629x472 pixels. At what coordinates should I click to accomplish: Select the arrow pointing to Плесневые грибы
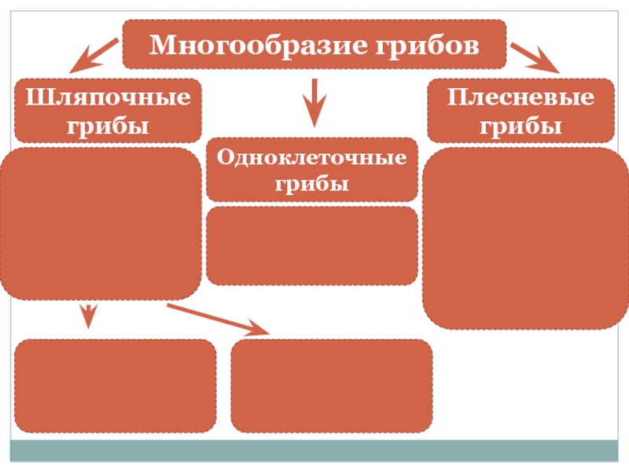pos(534,57)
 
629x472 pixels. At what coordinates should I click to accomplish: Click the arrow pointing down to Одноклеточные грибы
pos(314,102)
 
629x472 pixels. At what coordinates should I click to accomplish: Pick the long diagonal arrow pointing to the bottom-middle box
pos(219,319)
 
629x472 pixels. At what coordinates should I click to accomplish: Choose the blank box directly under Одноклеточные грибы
pos(312,245)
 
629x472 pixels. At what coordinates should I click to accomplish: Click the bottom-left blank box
pos(115,385)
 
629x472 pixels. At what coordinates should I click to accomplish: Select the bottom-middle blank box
pos(331,385)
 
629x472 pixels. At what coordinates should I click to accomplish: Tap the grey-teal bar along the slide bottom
pos(314,451)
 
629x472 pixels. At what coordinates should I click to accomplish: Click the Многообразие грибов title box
pos(314,45)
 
